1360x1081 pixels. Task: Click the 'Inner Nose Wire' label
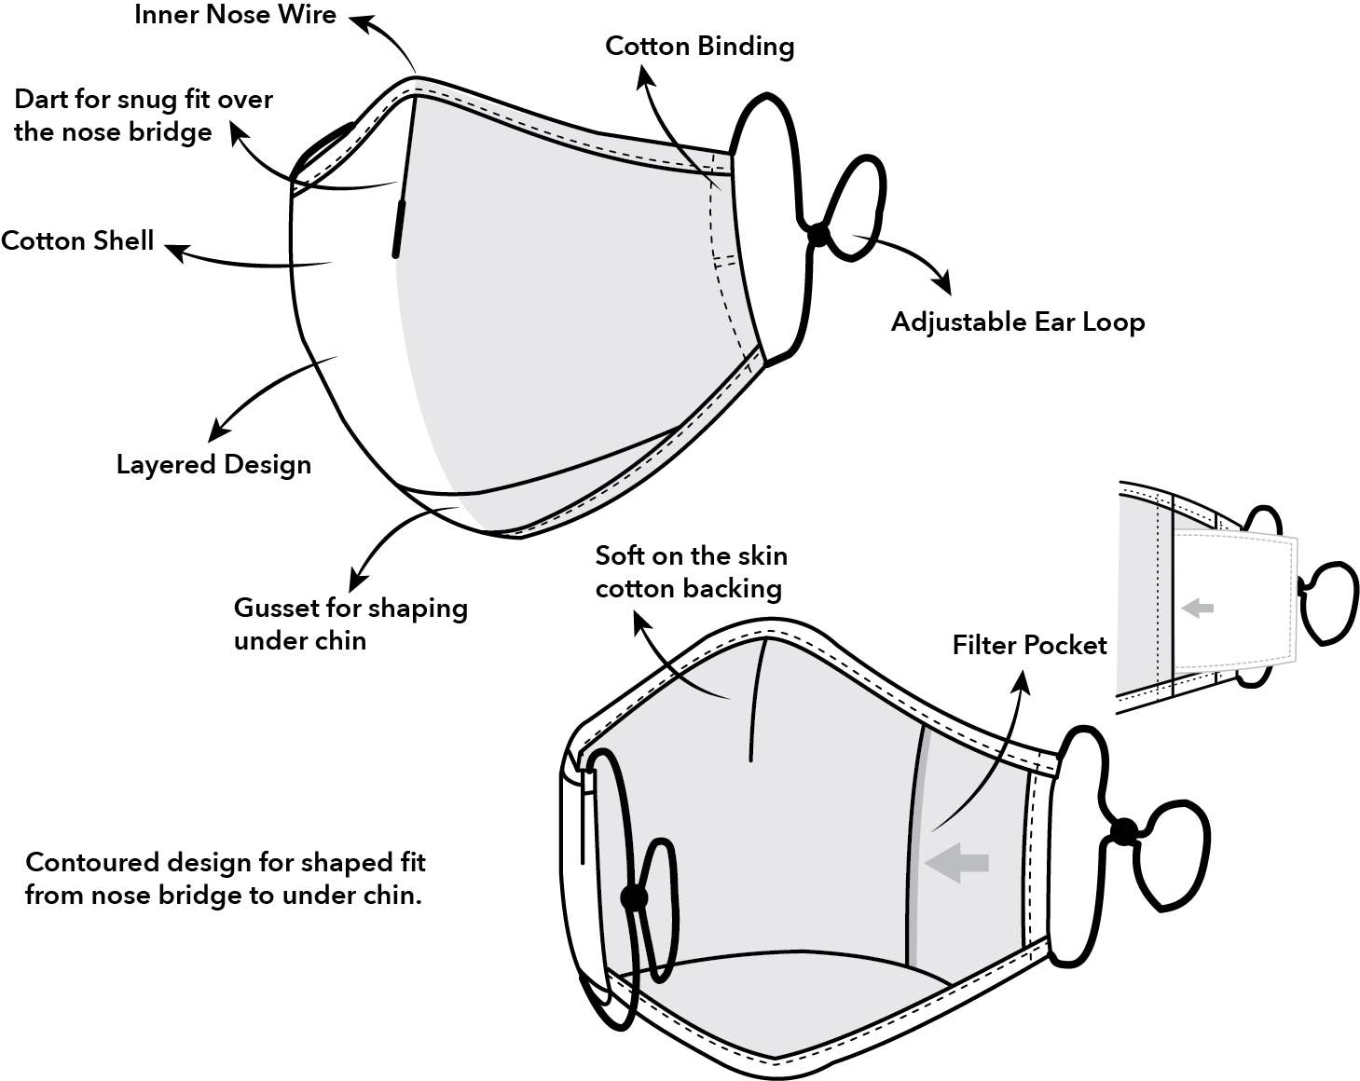click(x=235, y=15)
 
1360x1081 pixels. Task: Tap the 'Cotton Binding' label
click(x=699, y=47)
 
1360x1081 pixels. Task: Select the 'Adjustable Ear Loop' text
click(x=1017, y=322)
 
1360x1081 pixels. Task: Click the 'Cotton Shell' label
click(x=77, y=241)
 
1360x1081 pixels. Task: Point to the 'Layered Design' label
click(x=213, y=464)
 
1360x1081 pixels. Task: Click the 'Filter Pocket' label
click(x=1029, y=645)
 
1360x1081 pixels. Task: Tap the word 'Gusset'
click(x=276, y=609)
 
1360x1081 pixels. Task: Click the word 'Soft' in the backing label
click(x=619, y=556)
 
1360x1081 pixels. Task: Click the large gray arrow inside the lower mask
click(x=956, y=862)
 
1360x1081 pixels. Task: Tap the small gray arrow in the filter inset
click(x=1197, y=609)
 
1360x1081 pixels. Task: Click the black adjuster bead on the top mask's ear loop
click(x=817, y=235)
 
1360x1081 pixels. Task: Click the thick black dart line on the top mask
click(x=399, y=227)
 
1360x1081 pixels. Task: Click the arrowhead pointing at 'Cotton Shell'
click(x=175, y=250)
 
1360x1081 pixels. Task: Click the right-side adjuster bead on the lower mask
click(x=1123, y=831)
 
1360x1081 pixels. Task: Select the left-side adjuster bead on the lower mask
click(x=634, y=898)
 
